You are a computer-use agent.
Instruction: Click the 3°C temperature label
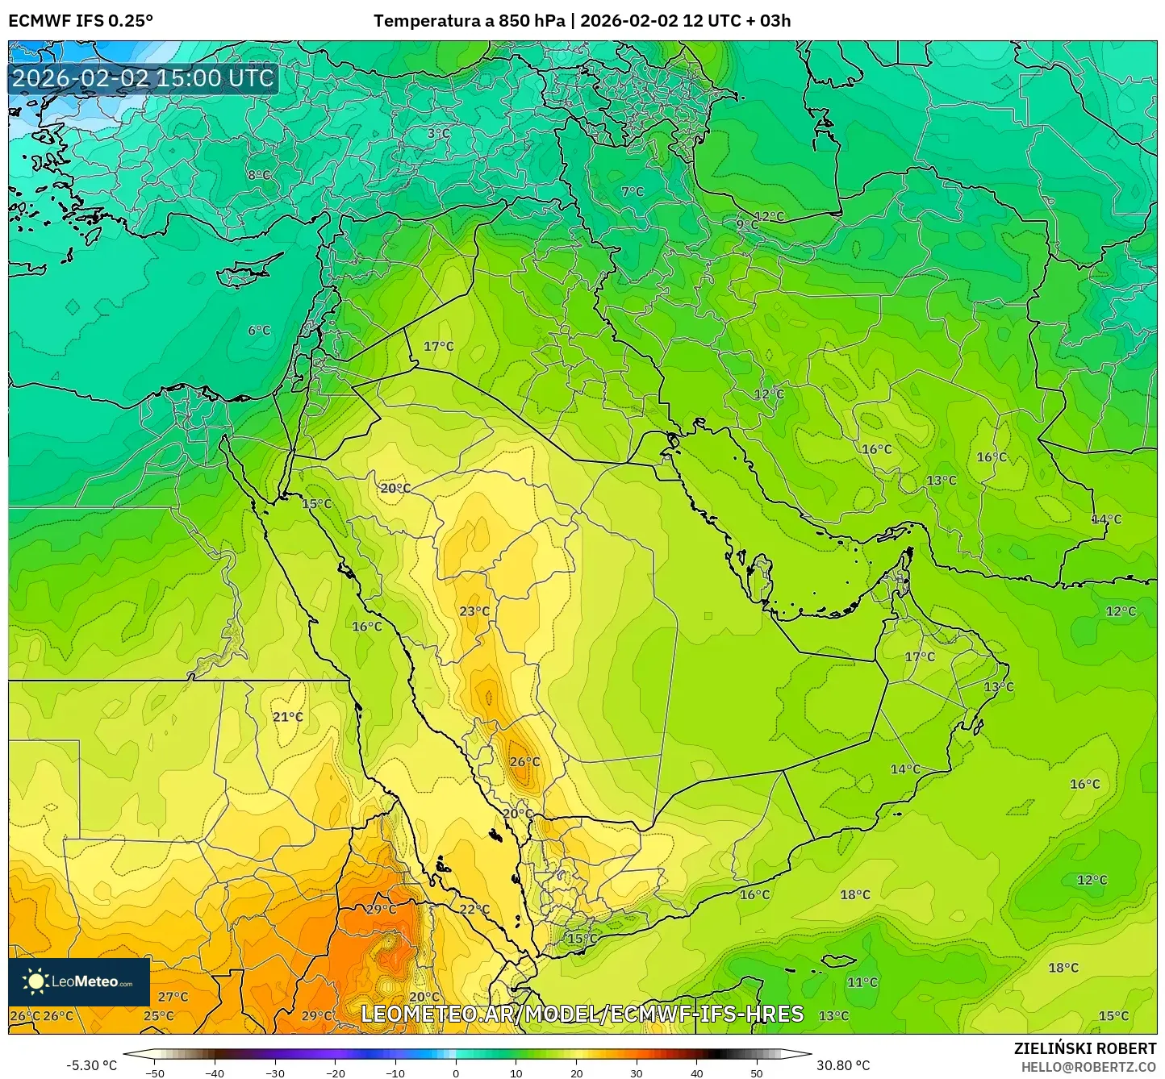click(439, 133)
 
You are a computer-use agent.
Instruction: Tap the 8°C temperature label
click(259, 175)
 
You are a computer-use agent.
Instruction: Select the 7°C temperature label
click(633, 192)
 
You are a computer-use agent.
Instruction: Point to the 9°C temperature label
click(746, 224)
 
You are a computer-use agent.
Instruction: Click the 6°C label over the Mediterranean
click(259, 331)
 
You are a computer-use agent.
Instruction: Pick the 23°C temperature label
click(474, 611)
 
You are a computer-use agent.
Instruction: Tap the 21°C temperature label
click(287, 717)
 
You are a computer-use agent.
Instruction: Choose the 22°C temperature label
click(474, 909)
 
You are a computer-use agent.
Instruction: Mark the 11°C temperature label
click(862, 982)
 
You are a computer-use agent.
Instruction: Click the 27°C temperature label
click(173, 997)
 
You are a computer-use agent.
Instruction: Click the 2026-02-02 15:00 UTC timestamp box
click(144, 78)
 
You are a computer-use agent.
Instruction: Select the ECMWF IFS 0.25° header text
click(81, 21)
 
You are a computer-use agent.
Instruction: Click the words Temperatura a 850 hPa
click(469, 21)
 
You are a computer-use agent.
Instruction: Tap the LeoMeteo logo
click(79, 982)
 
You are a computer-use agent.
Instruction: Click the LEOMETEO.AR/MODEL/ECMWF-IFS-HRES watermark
click(582, 1014)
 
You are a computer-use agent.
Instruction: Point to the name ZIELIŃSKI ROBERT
click(1085, 1048)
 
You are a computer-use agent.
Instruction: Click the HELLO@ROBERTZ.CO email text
click(1088, 1067)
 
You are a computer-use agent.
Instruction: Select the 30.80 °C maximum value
click(842, 1065)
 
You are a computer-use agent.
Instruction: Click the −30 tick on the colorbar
click(275, 1073)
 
